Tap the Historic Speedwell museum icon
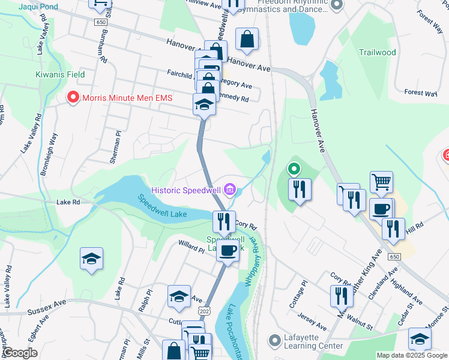(x=229, y=190)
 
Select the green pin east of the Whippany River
(x=294, y=169)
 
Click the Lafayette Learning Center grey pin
(x=275, y=341)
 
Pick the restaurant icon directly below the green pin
(x=298, y=190)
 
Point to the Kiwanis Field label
(x=59, y=75)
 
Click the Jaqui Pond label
(x=39, y=7)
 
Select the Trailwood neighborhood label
(x=377, y=52)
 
